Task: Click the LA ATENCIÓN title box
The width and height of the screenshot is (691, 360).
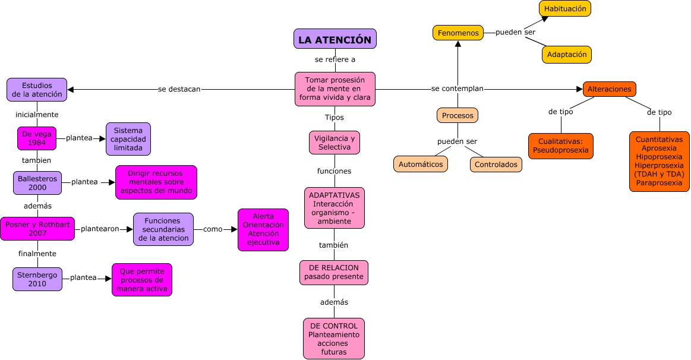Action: click(x=335, y=39)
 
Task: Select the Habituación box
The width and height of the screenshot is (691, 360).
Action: click(x=565, y=9)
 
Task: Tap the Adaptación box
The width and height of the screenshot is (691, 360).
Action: click(x=566, y=55)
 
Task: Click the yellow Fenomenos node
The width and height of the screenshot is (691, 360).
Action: click(x=457, y=33)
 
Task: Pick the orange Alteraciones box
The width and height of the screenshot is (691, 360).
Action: click(x=609, y=89)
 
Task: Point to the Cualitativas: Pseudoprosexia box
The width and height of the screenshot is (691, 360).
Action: click(x=560, y=146)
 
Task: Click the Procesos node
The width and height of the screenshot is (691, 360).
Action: click(x=457, y=115)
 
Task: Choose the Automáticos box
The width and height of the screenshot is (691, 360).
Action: click(x=421, y=164)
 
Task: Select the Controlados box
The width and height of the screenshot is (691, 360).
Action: click(x=496, y=165)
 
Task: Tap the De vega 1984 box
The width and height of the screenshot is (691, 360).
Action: click(x=37, y=138)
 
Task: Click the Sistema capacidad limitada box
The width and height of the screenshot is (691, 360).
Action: click(x=128, y=139)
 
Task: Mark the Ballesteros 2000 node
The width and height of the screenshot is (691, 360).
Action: click(x=37, y=183)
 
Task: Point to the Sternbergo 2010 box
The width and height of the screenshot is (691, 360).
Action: click(x=37, y=279)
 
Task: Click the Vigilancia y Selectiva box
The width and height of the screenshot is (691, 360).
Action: click(x=335, y=143)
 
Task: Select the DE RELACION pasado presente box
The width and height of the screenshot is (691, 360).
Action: click(x=333, y=273)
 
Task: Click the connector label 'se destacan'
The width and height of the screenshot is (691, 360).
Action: click(x=179, y=89)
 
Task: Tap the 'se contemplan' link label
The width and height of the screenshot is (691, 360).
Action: click(x=457, y=89)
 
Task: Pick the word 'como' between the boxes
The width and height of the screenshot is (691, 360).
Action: click(x=213, y=229)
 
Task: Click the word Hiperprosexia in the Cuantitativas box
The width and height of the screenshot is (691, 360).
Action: click(x=659, y=165)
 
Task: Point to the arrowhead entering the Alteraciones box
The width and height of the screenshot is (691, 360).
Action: click(x=579, y=89)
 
